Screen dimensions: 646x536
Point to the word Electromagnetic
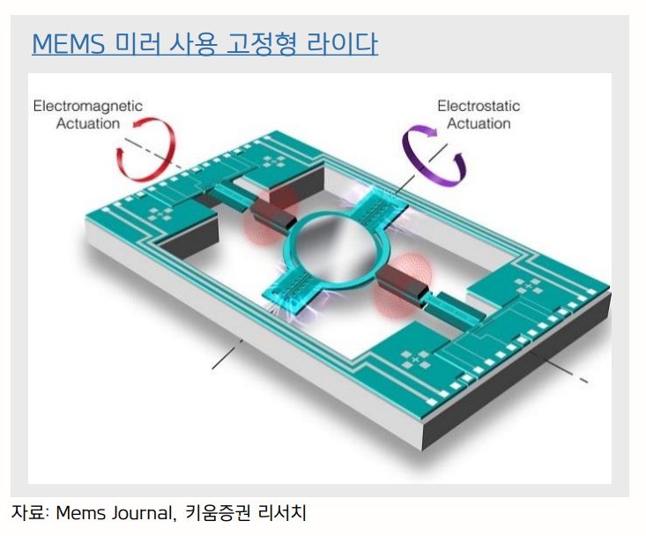pyautogui.click(x=87, y=106)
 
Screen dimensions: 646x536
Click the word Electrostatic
pyautogui.click(x=479, y=106)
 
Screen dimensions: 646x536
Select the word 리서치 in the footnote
pyautogui.click(x=280, y=512)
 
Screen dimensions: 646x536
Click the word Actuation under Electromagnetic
pyautogui.click(x=87, y=123)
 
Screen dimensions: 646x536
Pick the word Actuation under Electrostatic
pyautogui.click(x=479, y=123)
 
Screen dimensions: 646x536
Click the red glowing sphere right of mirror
pyautogui.click(x=398, y=284)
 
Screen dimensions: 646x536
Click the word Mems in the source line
pyautogui.click(x=77, y=512)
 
